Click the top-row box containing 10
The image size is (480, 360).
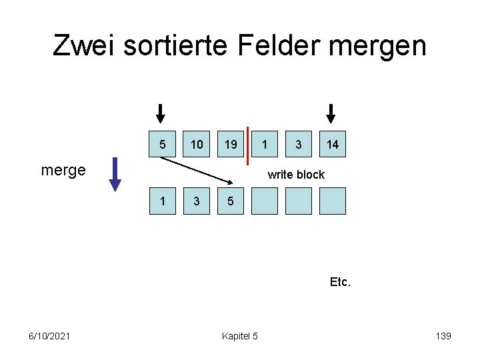[197, 144]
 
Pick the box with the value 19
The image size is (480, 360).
[231, 144]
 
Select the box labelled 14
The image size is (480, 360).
[332, 144]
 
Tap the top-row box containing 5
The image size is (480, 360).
[162, 144]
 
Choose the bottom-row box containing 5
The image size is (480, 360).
[231, 201]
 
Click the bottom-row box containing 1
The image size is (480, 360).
[162, 201]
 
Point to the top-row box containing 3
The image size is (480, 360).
[298, 144]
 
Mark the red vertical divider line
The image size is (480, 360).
[247, 145]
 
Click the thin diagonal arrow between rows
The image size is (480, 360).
[197, 170]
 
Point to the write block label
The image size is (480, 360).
[295, 175]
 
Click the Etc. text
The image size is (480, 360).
[340, 282]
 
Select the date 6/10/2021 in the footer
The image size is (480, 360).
[50, 336]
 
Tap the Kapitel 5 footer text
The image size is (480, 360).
[239, 336]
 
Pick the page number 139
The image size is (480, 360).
[443, 336]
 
